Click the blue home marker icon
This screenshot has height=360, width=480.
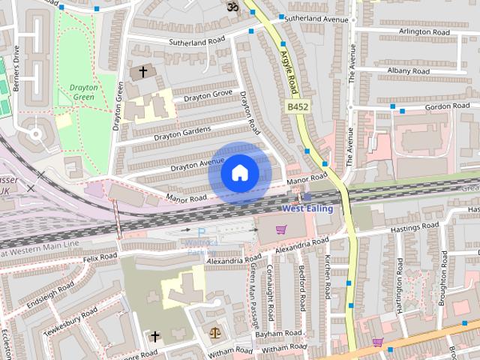(x=239, y=173)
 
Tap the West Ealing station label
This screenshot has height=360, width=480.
(x=307, y=208)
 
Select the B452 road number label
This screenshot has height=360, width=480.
(x=298, y=108)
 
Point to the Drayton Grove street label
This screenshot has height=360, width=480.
(x=202, y=96)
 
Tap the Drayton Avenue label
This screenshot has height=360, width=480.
(x=197, y=164)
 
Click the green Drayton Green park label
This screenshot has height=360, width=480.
(x=83, y=91)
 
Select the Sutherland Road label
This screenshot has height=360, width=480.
(x=196, y=42)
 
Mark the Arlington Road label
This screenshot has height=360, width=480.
(x=424, y=32)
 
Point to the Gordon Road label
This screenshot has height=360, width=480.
(x=427, y=106)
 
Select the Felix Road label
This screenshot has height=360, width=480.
(x=100, y=256)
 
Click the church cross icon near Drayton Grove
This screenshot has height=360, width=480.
(x=142, y=72)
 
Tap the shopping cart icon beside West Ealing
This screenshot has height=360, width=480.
(x=281, y=229)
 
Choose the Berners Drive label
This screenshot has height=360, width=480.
(x=16, y=63)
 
